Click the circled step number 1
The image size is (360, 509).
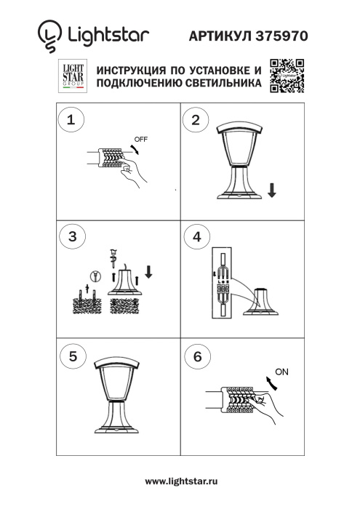click(71, 121)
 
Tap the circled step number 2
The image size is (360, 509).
click(195, 121)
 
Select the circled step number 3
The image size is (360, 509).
click(71, 237)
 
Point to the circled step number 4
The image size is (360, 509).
click(195, 237)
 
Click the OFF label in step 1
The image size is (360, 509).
click(141, 138)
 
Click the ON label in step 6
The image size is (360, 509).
click(282, 372)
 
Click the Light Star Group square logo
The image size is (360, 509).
click(72, 76)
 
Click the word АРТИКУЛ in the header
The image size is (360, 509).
click(221, 34)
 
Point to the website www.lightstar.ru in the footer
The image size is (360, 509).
click(181, 481)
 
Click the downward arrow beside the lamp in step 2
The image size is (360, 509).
click(271, 191)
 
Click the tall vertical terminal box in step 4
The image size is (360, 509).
click(220, 284)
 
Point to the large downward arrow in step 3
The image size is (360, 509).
click(148, 272)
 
